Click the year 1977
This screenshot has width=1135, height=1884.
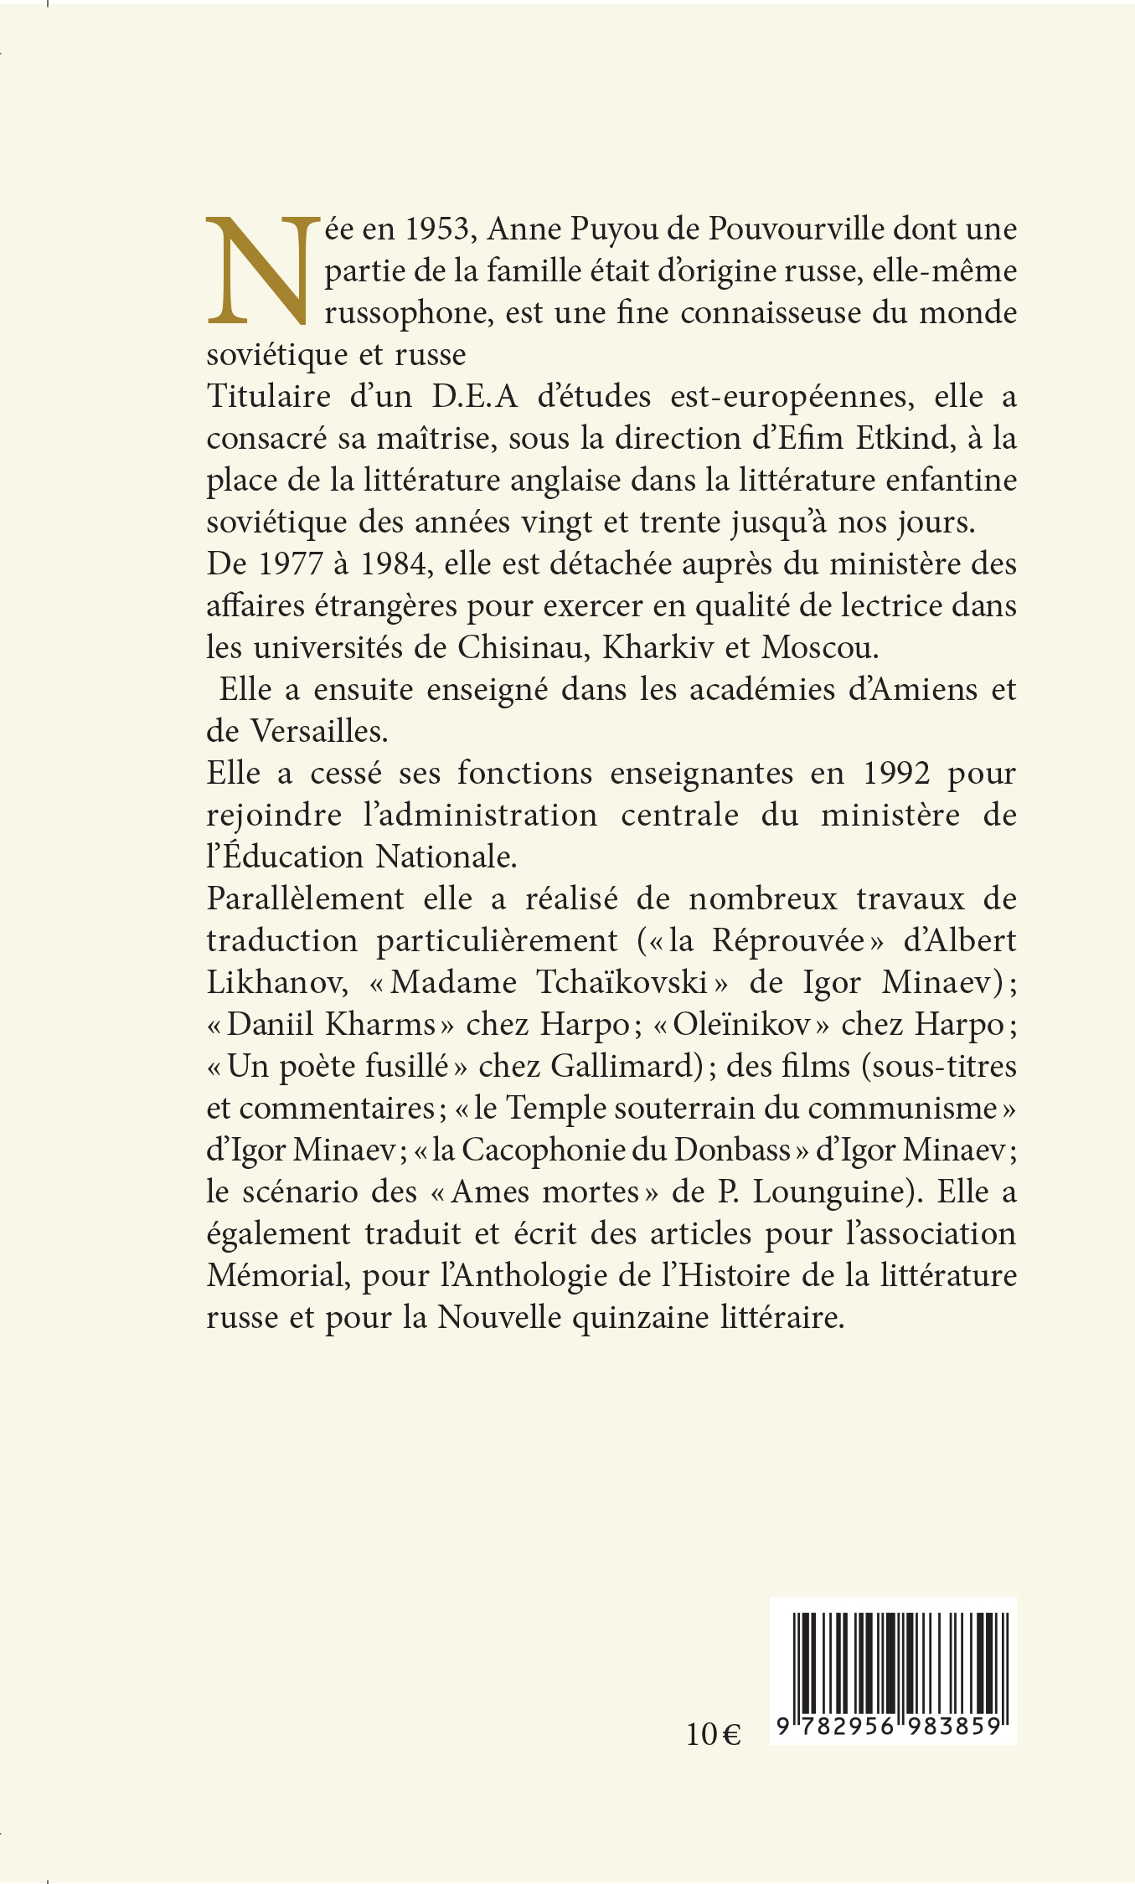coord(290,564)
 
